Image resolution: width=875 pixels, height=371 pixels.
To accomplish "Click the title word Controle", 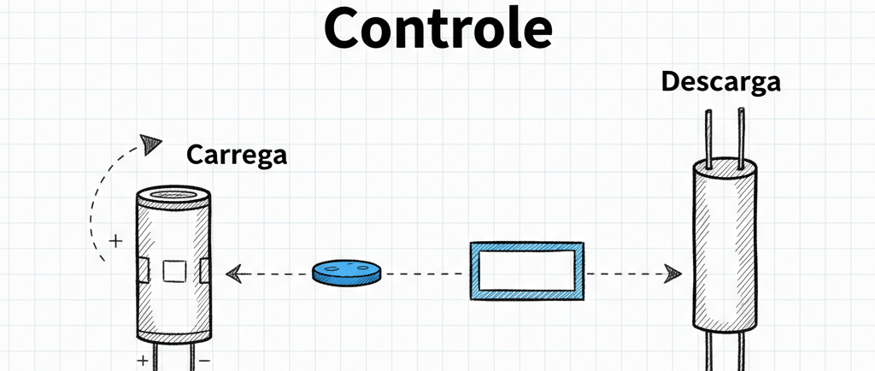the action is (437, 30).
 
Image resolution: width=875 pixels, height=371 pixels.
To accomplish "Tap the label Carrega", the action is (237, 156).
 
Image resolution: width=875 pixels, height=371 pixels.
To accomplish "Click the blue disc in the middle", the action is (347, 273).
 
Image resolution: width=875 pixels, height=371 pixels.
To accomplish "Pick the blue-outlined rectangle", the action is (527, 271).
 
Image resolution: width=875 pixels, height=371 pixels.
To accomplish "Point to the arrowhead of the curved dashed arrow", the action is (152, 142).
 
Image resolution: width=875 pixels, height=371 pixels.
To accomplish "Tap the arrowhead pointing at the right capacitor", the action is (674, 274).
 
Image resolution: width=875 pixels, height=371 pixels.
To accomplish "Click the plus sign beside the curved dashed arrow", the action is (116, 242).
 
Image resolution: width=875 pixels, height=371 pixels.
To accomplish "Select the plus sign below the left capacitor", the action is (143, 361).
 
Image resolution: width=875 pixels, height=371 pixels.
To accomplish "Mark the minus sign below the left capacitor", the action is (204, 361).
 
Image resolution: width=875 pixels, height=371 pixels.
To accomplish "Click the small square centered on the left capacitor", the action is (174, 271).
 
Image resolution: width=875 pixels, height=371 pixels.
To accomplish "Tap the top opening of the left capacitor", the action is (174, 198).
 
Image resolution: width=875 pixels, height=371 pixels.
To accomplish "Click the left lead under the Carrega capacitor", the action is (159, 356).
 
